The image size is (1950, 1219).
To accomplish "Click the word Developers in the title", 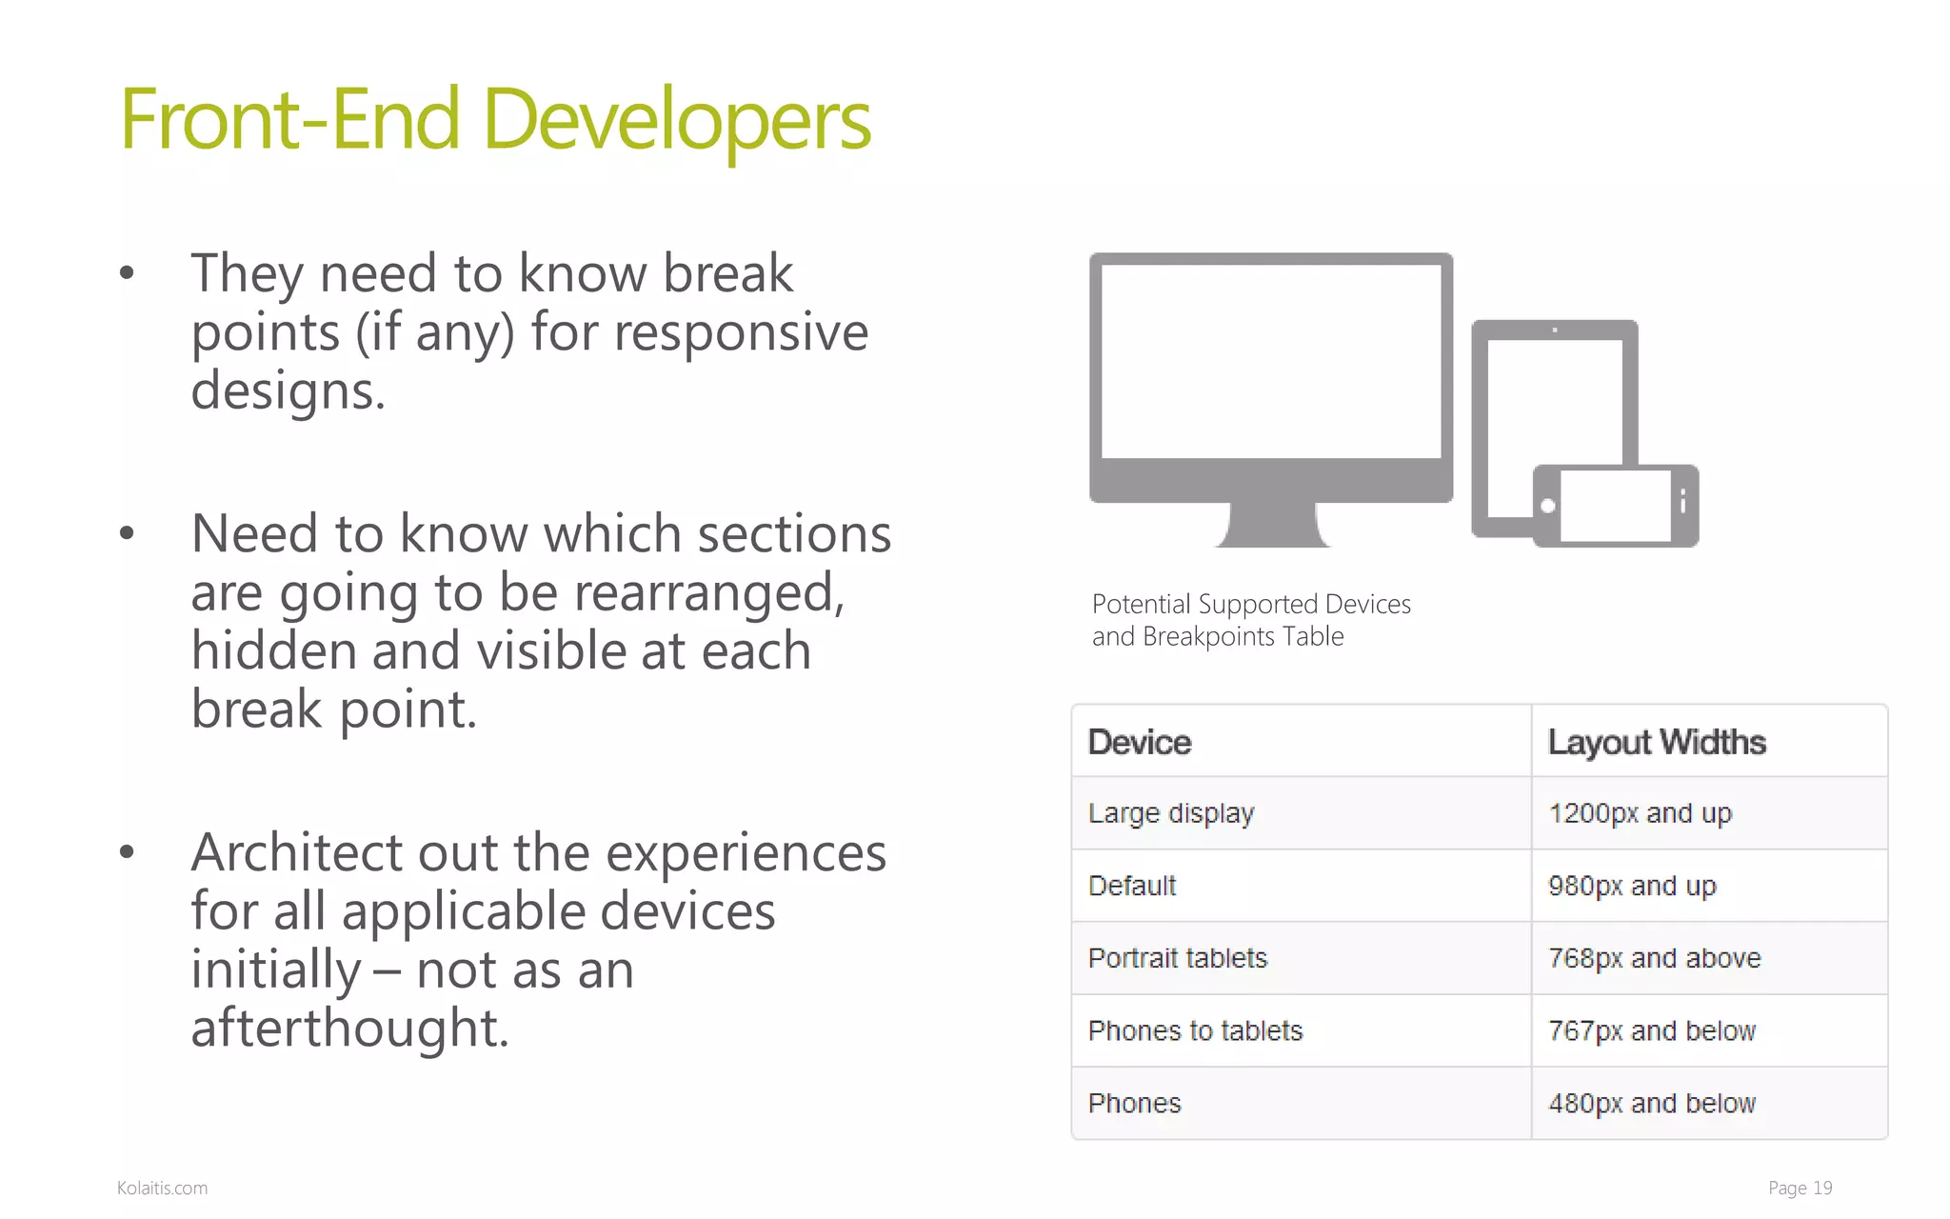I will pos(676,121).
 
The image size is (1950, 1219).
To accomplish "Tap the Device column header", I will pos(1139,742).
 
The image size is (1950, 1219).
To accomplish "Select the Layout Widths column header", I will pos(1656,742).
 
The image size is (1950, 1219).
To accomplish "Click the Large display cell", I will pos(1170,813).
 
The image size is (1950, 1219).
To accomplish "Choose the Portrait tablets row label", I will pos(1177,958).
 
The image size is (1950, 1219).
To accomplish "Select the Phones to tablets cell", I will pos(1194,1030).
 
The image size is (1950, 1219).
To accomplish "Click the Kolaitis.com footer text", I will pos(162,1188).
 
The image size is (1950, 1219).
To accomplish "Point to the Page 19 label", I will pos(1799,1188).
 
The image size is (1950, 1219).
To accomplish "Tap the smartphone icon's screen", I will pos(1615,506).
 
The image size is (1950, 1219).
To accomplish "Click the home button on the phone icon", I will pos(1548,506).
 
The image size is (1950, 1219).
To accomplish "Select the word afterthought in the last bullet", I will pos(348,1029).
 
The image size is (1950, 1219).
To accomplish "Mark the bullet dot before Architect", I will pos(127,851).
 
